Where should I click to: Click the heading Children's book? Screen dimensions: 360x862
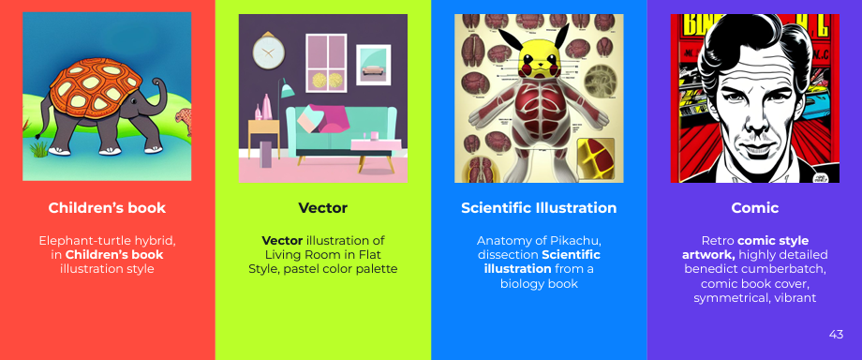[x=107, y=207]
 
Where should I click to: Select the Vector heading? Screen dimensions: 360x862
[x=322, y=207]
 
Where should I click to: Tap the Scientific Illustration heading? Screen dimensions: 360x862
[x=539, y=207]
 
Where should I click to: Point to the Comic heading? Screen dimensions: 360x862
[x=754, y=207]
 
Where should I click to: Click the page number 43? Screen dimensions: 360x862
[x=837, y=335]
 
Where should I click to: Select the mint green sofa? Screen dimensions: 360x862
[x=323, y=127]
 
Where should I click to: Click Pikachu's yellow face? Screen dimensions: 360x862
[x=538, y=63]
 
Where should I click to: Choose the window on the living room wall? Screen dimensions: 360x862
[x=324, y=61]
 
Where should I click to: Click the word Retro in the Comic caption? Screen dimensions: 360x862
[x=720, y=241]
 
